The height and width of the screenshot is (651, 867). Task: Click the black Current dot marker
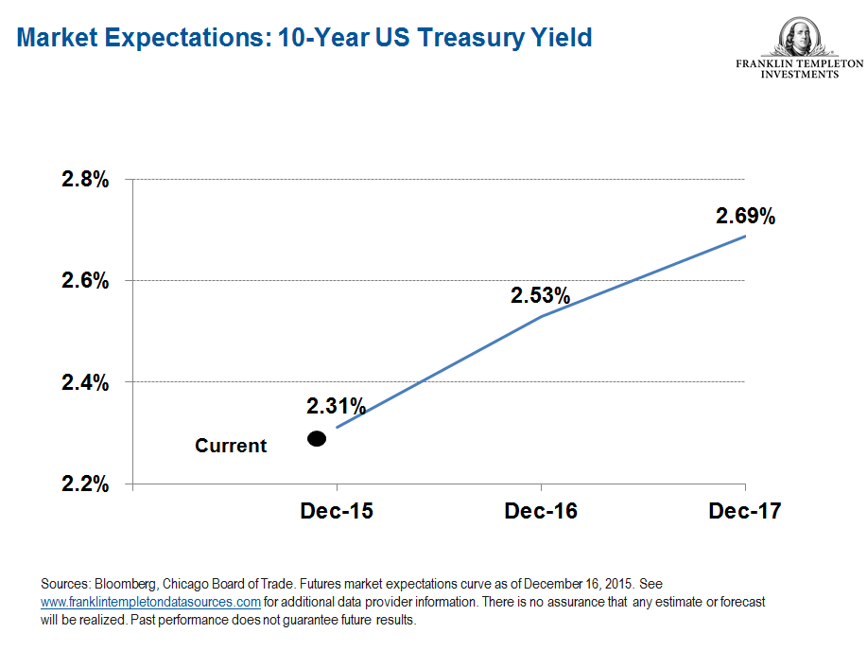(317, 438)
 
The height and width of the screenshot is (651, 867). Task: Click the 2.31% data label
(336, 407)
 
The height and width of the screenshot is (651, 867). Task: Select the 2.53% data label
(541, 295)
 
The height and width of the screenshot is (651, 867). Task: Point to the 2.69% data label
(745, 217)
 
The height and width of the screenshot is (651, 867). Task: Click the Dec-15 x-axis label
(337, 512)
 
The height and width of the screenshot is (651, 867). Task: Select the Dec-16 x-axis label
(541, 512)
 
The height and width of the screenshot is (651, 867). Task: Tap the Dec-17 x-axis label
(745, 512)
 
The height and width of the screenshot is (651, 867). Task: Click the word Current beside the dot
(231, 446)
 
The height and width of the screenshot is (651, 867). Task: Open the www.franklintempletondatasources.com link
(150, 602)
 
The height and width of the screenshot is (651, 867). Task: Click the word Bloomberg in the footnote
(114, 584)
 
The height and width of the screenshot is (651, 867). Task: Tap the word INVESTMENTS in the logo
(799, 75)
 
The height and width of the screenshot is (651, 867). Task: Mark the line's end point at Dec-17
(745, 236)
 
